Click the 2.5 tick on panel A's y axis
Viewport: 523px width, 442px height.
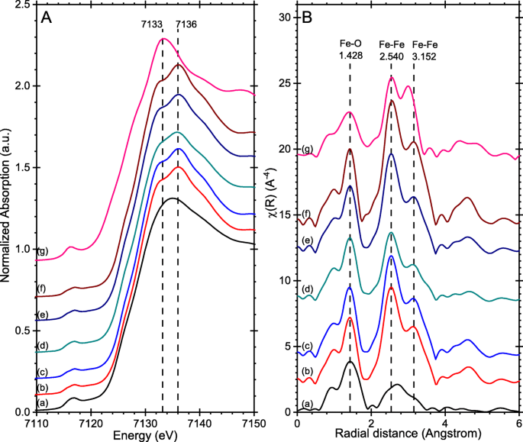[24, 5]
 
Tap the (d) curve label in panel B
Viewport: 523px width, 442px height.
[306, 289]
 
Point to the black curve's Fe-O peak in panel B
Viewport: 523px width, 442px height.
[350, 361]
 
